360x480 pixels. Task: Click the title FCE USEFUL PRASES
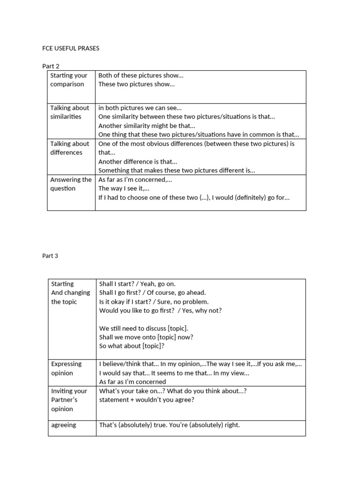tap(70, 48)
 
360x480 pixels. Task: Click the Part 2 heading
tap(51, 66)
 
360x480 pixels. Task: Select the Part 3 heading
tap(51, 256)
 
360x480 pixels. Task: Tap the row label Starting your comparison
tap(68, 80)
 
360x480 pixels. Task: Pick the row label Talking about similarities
tap(69, 112)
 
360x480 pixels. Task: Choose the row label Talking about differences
tap(69, 148)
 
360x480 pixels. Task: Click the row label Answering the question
tap(71, 184)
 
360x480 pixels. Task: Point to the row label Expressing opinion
tap(66, 368)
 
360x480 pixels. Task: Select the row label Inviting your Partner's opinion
tap(68, 400)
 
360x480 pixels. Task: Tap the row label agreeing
tap(63, 425)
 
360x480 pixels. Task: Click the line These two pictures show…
tap(136, 84)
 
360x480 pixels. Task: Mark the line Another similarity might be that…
tap(147, 126)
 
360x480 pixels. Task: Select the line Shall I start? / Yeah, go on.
tap(137, 284)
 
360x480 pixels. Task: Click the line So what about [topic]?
tap(132, 346)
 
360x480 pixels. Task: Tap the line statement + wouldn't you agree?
tap(147, 400)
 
